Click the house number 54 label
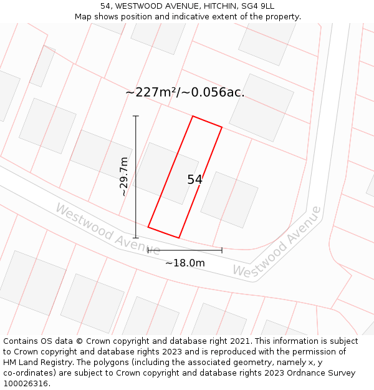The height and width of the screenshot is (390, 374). pyautogui.click(x=194, y=180)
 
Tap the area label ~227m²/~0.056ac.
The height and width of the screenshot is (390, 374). pyautogui.click(x=185, y=92)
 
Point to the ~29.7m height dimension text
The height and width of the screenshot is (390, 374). pyautogui.click(x=123, y=177)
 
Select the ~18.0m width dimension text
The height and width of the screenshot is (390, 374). pyautogui.click(x=185, y=263)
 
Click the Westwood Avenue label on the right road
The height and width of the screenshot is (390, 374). pyautogui.click(x=277, y=242)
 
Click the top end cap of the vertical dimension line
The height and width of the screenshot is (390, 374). pyautogui.click(x=136, y=116)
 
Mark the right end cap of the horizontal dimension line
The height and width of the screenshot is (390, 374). pyautogui.click(x=222, y=250)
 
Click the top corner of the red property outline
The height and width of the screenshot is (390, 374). pyautogui.click(x=193, y=116)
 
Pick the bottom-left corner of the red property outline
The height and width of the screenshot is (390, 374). pyautogui.click(x=148, y=227)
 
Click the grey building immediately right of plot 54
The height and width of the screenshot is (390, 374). pyautogui.click(x=229, y=200)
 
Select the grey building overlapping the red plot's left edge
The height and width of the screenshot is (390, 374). pyautogui.click(x=166, y=173)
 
